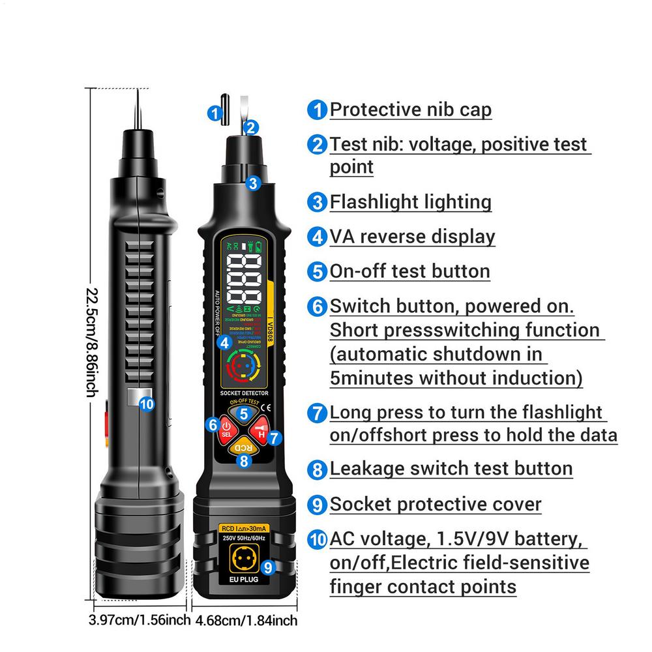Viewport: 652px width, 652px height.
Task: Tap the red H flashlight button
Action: [259, 431]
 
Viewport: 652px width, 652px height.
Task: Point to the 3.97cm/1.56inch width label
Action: [139, 619]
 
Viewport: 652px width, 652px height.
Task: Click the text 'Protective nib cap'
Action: [410, 109]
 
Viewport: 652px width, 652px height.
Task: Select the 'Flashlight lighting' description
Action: [410, 201]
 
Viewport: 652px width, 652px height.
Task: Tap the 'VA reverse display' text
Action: [412, 236]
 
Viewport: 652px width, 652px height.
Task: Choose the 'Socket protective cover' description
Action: [436, 504]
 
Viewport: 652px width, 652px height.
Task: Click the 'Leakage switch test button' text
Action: [451, 468]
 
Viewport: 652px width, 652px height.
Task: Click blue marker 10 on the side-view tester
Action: [147, 404]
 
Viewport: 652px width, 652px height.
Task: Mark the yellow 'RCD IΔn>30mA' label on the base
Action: [243, 529]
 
